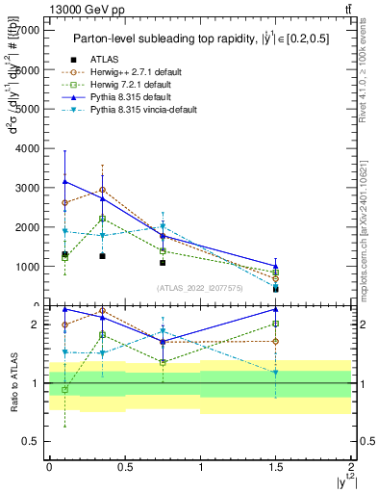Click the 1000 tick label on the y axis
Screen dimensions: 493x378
point(29,267)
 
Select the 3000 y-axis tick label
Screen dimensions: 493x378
point(29,188)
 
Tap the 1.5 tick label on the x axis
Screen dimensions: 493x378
point(276,466)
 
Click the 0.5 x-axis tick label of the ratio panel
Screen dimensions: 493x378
point(125,466)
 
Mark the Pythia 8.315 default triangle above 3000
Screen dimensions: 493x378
point(64,181)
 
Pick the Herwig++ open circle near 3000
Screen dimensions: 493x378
point(103,190)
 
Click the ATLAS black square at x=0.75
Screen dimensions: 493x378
point(164,262)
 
